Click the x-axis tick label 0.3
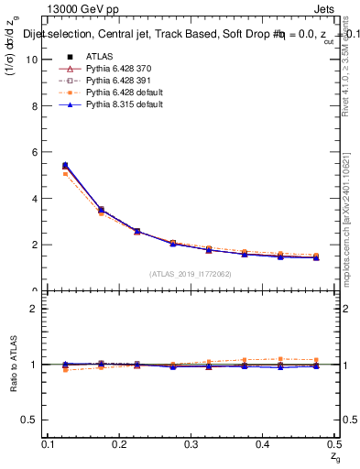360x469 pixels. pyautogui.click(x=191, y=444)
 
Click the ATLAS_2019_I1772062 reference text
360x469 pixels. pyautogui.click(x=191, y=274)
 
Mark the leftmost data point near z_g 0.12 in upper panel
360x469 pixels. pyautogui.click(x=64, y=166)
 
